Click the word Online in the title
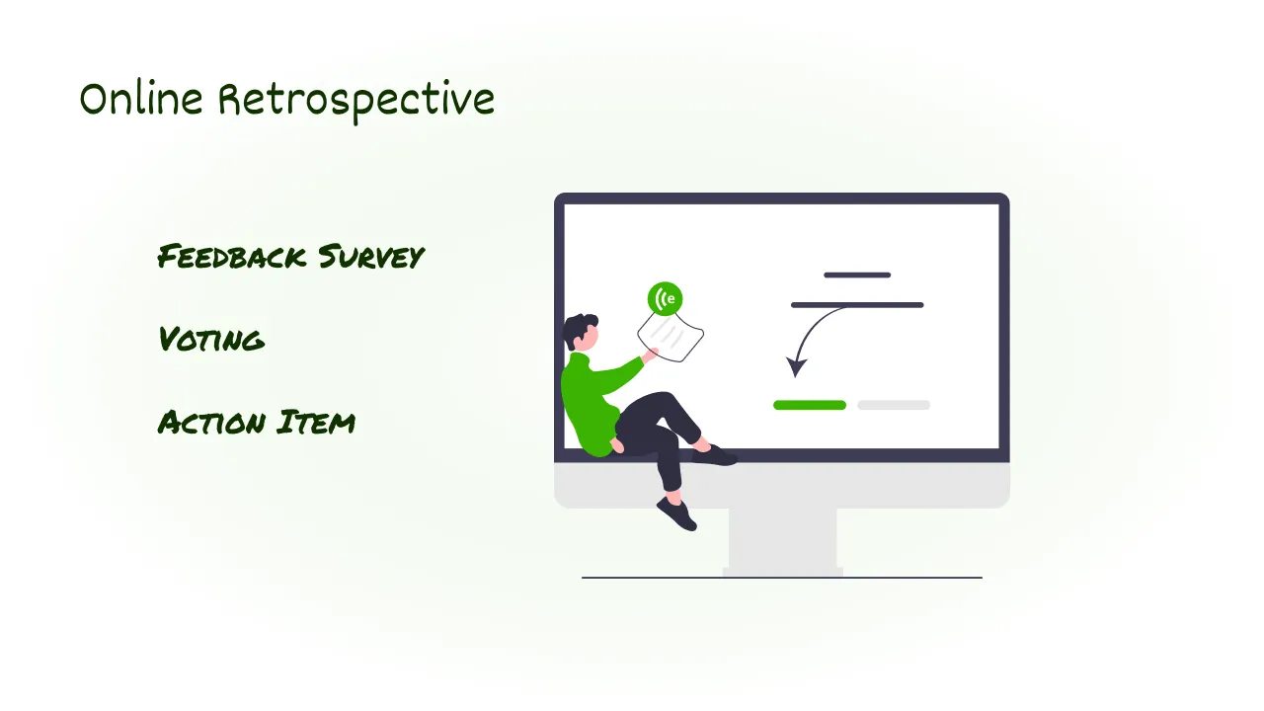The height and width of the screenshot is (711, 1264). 140,100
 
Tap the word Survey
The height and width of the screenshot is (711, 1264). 370,258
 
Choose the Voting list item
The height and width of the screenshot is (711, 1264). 211,340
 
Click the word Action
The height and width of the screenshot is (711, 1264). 211,423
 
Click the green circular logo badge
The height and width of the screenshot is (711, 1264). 666,298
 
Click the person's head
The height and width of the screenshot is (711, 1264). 583,332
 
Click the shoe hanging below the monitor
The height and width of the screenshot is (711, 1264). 677,514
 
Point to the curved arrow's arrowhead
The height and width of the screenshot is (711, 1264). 795,368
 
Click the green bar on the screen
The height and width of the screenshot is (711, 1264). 810,405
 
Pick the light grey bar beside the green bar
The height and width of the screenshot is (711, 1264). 894,405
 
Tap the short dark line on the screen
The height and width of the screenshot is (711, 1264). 857,275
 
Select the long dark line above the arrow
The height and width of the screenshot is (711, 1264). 857,305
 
